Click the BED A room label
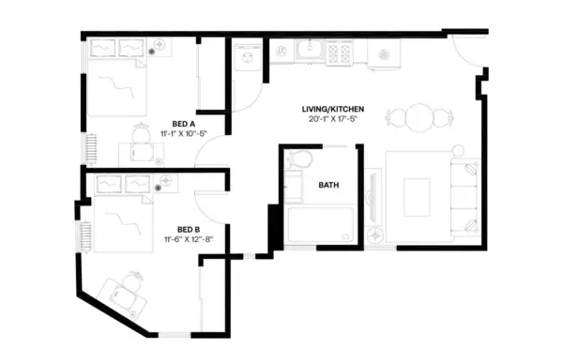coord(183,123)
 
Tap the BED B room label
coord(190,229)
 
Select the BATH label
coord(328,185)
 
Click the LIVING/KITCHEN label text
coord(333,109)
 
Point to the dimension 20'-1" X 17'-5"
coord(333,119)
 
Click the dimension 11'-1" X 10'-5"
coord(183,133)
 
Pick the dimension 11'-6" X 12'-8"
coord(190,239)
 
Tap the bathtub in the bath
coord(319,228)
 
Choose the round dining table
coord(410,118)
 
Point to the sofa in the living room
coord(464,197)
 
